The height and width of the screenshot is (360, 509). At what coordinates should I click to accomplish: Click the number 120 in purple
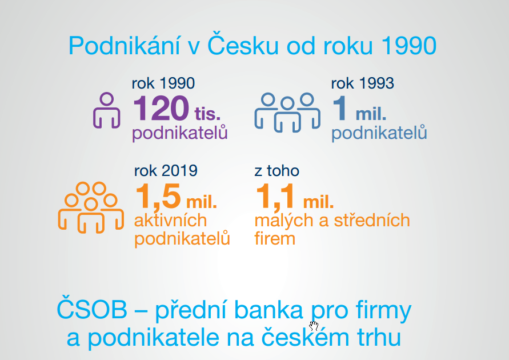pyautogui.click(x=161, y=108)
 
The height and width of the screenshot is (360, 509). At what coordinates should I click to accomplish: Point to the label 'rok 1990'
pyautogui.click(x=163, y=83)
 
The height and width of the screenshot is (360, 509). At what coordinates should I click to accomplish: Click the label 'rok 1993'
pyautogui.click(x=363, y=83)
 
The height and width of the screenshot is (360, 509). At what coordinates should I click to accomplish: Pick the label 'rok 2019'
pyautogui.click(x=166, y=170)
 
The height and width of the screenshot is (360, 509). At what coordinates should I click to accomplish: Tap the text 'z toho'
pyautogui.click(x=276, y=171)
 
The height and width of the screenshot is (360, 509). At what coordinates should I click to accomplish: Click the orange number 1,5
pyautogui.click(x=158, y=197)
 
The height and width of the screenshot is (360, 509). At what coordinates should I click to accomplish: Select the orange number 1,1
pyautogui.click(x=275, y=197)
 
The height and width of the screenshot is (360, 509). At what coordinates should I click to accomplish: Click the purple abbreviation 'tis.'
pyautogui.click(x=207, y=114)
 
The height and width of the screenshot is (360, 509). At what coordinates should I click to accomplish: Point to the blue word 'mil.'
pyautogui.click(x=371, y=114)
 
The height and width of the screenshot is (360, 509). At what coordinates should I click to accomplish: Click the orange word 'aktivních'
pyautogui.click(x=170, y=221)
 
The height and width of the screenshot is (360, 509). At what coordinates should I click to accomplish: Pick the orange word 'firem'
pyautogui.click(x=275, y=238)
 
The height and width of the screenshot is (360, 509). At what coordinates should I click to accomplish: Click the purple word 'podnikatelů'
pyautogui.click(x=180, y=133)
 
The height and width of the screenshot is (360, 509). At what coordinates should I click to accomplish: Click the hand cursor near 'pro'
pyautogui.click(x=314, y=326)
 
